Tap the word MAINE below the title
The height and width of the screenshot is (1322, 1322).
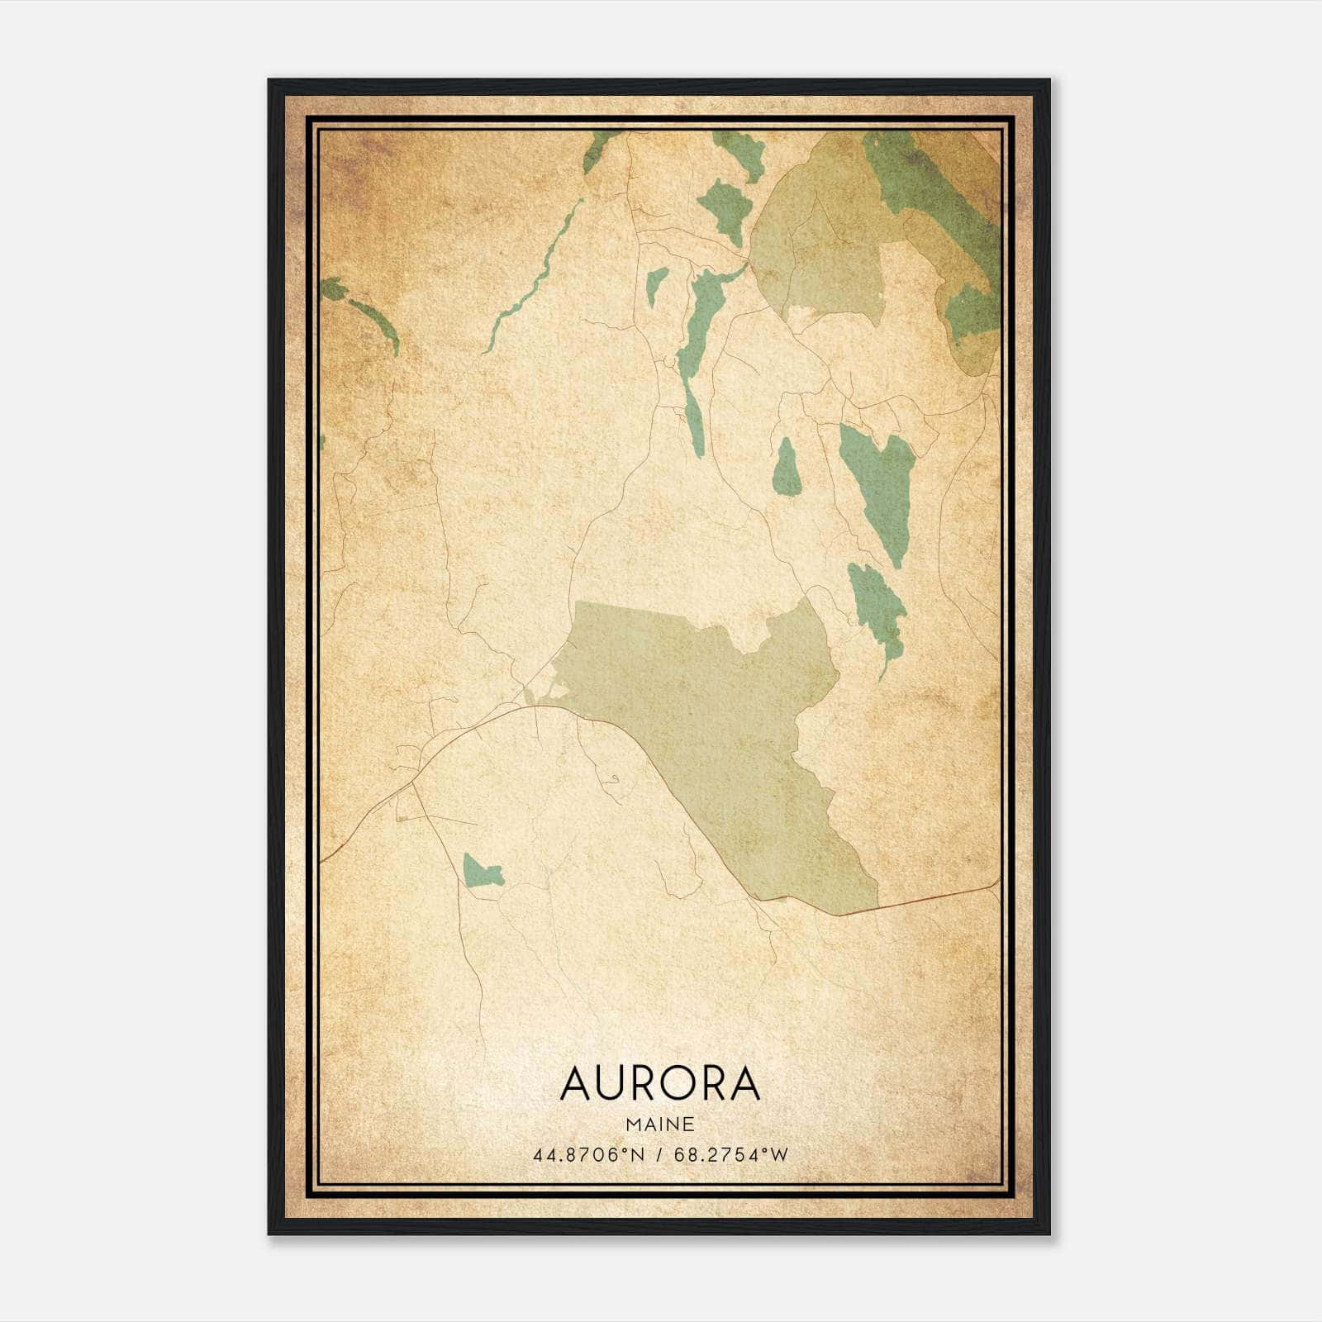coord(659,1125)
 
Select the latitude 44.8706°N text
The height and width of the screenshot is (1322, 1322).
coord(587,1155)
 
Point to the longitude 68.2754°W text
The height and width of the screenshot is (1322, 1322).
coord(731,1155)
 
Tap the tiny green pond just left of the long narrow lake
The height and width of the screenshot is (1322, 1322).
coord(656,285)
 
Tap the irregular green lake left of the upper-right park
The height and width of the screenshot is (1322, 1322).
coord(723,207)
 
